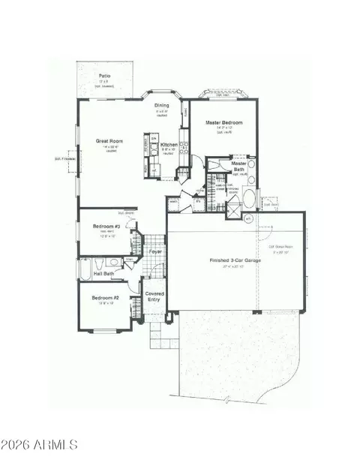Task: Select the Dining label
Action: pyautogui.click(x=161, y=105)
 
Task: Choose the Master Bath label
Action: pyautogui.click(x=239, y=166)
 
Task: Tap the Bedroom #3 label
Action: pyautogui.click(x=106, y=226)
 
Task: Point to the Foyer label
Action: pyautogui.click(x=155, y=251)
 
